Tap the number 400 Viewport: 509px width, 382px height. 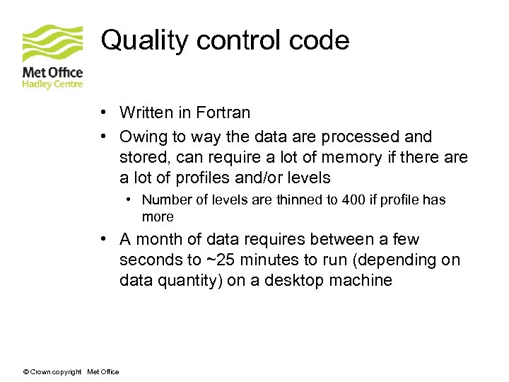coord(353,199)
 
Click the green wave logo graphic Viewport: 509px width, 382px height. coord(52,44)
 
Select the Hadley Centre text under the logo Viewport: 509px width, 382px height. coord(52,84)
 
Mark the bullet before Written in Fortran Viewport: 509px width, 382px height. coord(103,112)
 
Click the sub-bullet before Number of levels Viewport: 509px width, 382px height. coord(131,199)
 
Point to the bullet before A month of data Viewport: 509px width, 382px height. coord(103,240)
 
